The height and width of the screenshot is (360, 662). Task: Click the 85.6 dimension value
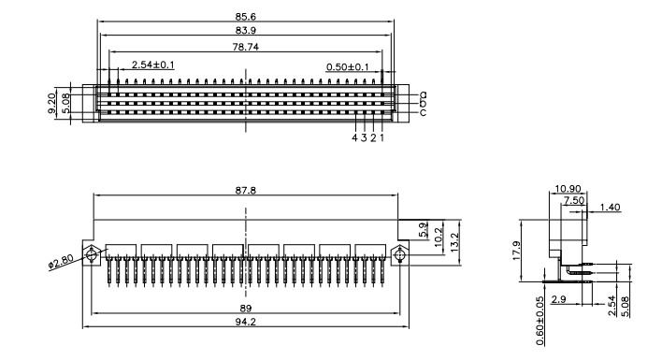(245, 17)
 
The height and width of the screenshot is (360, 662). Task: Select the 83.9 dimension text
(245, 30)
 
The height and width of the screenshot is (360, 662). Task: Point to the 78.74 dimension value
(245, 47)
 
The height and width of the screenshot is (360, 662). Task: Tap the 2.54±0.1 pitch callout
(152, 65)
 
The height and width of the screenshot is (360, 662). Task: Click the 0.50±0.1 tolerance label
(348, 66)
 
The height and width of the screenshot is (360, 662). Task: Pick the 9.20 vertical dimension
(51, 104)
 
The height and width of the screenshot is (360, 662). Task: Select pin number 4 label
(354, 137)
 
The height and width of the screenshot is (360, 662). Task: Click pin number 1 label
(382, 137)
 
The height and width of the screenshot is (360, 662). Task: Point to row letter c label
(423, 112)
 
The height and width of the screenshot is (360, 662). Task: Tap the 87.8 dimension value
(245, 191)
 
